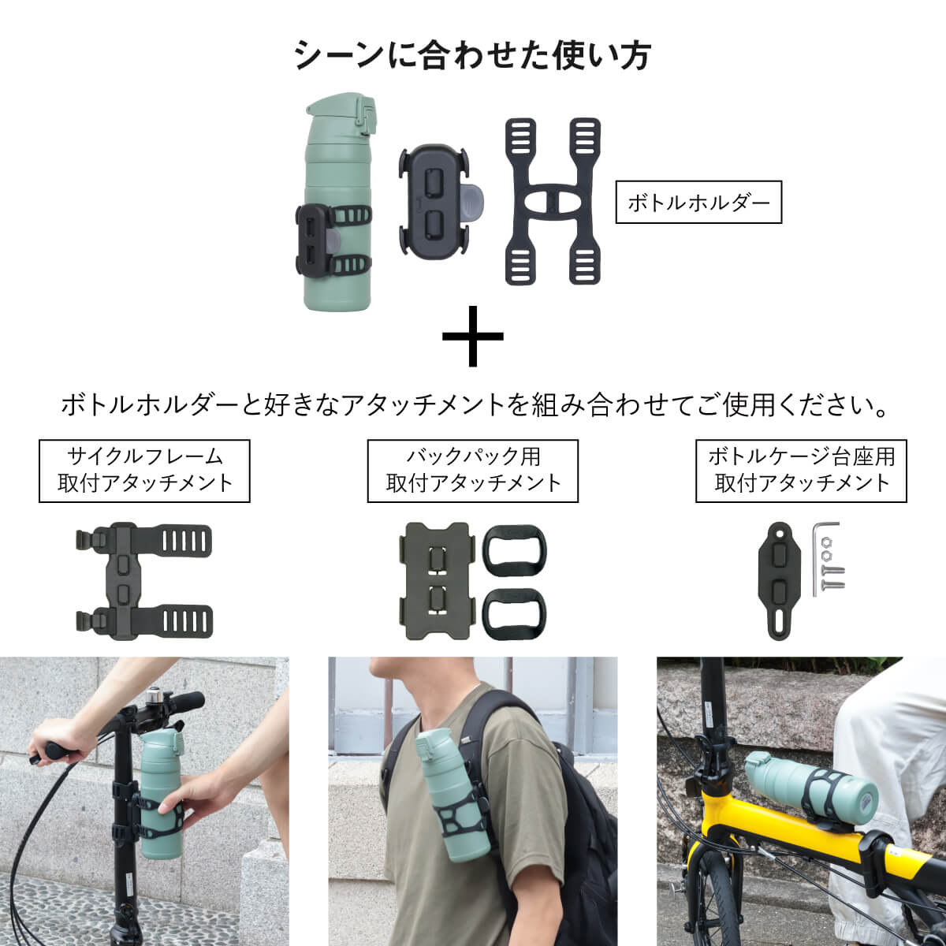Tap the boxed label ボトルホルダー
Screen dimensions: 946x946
point(698,203)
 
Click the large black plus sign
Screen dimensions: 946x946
point(472,336)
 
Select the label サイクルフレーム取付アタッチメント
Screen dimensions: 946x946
point(145,471)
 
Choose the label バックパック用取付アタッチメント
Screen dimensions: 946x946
point(473,471)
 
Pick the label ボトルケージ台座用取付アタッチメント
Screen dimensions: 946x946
point(801,471)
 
